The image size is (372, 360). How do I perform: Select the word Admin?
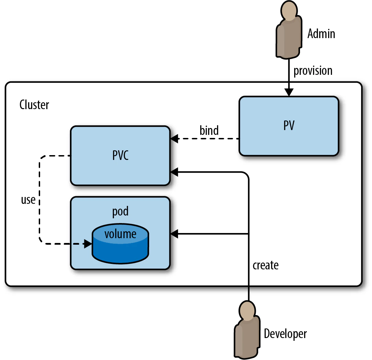321,34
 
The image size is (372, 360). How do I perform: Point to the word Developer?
285,334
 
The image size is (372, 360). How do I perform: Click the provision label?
313,71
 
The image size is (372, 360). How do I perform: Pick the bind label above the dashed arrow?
209,130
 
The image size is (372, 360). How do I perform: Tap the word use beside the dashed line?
28,200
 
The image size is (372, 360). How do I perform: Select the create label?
265,265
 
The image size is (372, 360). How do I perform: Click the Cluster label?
34,105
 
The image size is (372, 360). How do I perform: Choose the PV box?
289,126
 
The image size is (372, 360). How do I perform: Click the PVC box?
120,155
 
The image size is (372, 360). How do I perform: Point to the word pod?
120,211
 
